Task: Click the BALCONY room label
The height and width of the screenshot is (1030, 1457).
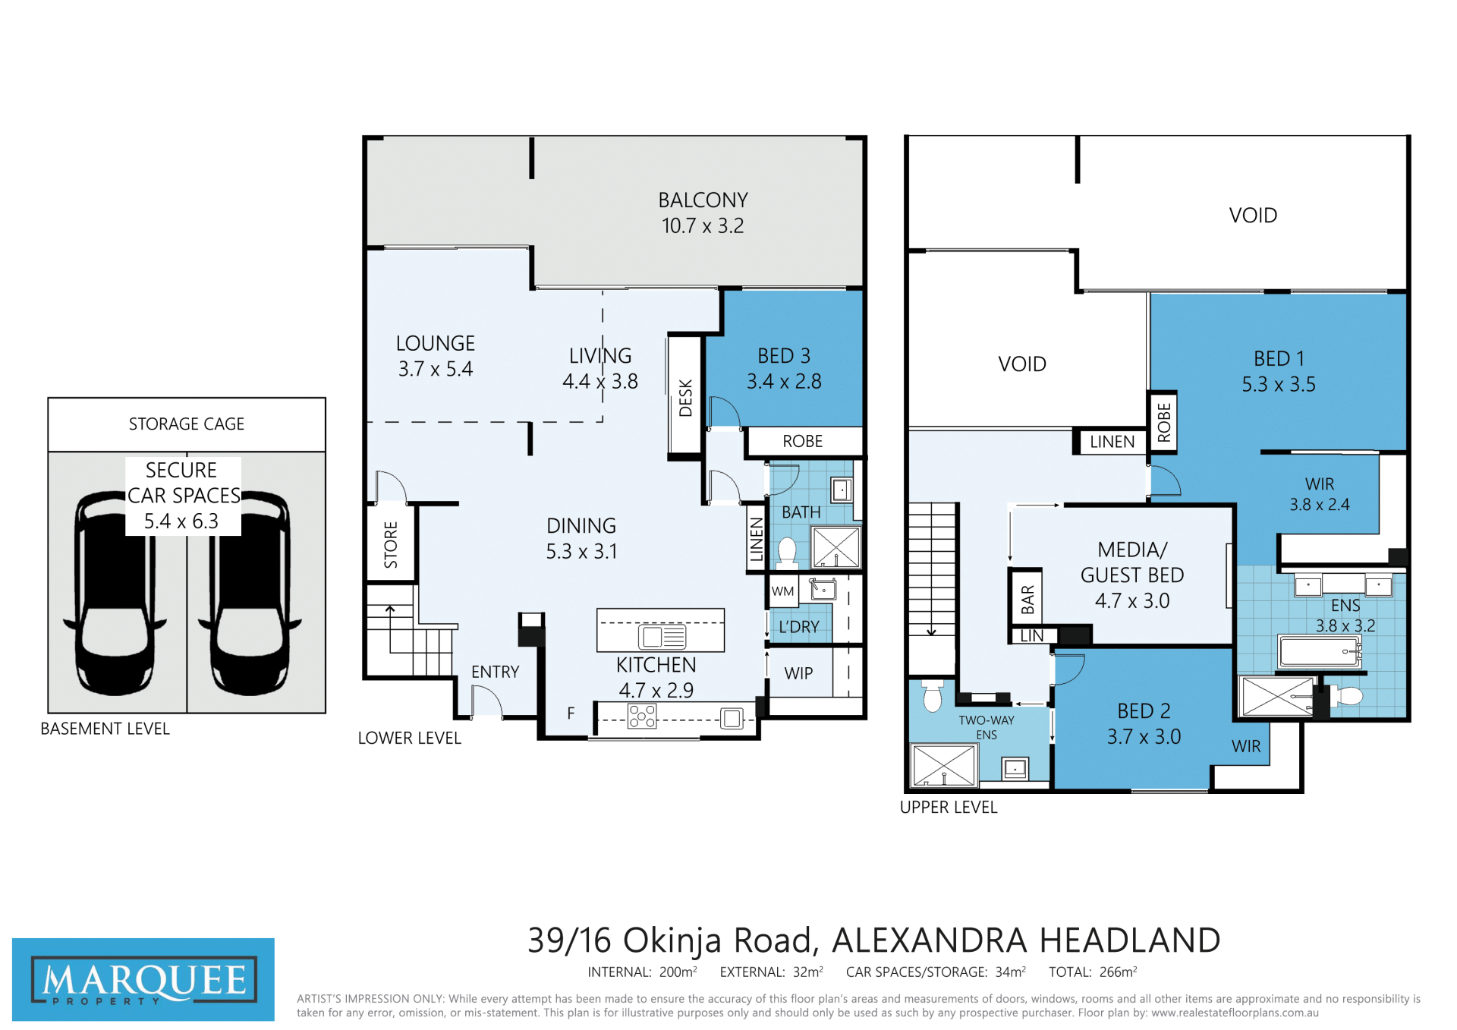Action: point(703,200)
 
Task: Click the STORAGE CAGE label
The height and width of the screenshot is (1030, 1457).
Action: point(187,424)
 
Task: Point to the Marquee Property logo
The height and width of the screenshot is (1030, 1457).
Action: point(143,979)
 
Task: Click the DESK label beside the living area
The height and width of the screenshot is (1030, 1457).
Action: point(686,398)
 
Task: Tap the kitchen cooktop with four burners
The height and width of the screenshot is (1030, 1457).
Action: point(642,717)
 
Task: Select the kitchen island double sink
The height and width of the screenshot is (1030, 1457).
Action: point(662,636)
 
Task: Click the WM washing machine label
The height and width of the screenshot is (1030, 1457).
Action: point(782,591)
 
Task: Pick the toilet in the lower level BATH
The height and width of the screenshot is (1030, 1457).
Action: point(787,553)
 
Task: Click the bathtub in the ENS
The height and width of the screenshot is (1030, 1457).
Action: point(1320,651)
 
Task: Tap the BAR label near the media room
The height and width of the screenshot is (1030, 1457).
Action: point(1027,600)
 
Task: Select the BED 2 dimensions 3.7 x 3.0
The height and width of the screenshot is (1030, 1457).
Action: point(1144,737)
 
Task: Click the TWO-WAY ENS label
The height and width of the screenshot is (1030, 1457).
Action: point(987,727)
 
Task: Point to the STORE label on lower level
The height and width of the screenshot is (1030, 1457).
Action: point(391,545)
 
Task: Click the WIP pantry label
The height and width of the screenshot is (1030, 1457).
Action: point(798,673)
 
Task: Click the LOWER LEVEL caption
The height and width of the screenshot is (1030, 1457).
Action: point(410,738)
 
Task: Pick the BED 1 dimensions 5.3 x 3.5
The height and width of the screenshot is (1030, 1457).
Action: point(1279,385)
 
